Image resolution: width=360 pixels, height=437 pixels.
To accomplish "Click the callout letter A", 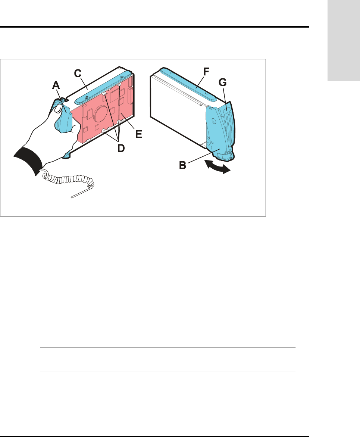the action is tap(56, 85).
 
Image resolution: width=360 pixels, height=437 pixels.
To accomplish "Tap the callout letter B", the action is tap(182, 165).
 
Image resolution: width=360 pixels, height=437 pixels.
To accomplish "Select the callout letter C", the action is tap(78, 73).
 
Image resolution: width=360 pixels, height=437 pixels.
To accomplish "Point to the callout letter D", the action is tap(121, 148).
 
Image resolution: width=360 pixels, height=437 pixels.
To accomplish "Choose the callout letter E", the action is tap(138, 134).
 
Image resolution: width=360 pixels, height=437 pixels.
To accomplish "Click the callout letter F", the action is tap(206, 72).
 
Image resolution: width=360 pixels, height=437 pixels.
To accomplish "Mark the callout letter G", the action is tap(223, 82).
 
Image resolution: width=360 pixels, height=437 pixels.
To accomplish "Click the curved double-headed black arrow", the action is tap(218, 167).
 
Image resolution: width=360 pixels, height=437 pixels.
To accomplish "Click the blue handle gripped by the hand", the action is tap(63, 116).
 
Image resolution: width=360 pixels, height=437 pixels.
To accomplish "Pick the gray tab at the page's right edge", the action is tap(344, 40).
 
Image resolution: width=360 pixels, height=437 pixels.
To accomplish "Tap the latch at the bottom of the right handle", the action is tap(226, 156).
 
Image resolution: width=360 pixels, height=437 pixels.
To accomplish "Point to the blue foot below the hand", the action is tap(67, 155).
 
